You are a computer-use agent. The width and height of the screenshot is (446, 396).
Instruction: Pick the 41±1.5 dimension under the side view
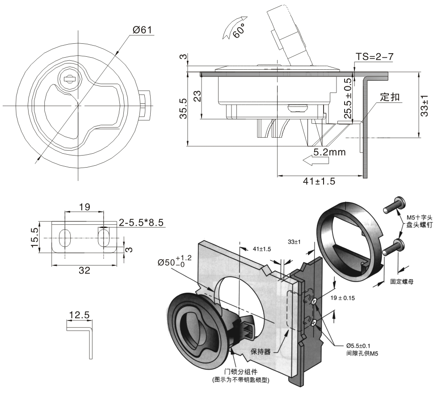pos(319,181)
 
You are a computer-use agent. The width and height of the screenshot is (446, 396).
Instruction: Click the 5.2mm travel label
pos(329,152)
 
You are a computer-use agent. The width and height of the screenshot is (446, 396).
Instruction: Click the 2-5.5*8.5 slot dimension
pos(142,222)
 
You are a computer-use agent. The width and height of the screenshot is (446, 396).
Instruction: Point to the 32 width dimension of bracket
pos(84,270)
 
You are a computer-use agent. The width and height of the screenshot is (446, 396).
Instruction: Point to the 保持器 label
pos(261,351)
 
